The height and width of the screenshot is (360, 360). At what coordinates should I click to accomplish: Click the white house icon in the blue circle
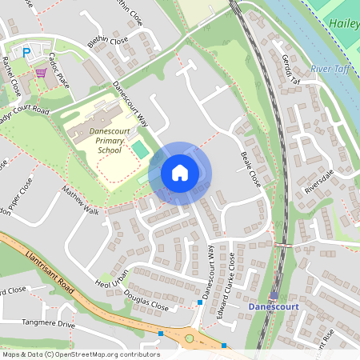click(x=180, y=173)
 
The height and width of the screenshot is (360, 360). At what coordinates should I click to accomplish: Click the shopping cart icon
click(x=40, y=72)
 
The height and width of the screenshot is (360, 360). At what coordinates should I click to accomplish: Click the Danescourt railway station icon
click(x=274, y=294)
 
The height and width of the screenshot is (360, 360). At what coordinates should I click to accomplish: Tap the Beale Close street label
click(x=252, y=167)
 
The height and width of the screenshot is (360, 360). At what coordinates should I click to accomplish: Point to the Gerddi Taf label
click(x=290, y=70)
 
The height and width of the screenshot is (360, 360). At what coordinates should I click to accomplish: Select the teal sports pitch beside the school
click(x=140, y=149)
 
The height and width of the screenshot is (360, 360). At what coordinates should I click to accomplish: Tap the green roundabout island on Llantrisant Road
click(x=190, y=338)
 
